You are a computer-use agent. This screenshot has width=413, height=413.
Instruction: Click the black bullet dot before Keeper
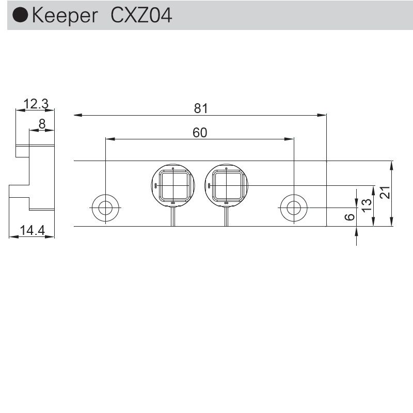coord(21,16)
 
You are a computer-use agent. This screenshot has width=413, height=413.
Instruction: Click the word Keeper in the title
coord(64,16)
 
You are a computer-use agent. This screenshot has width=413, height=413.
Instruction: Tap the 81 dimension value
coord(200,108)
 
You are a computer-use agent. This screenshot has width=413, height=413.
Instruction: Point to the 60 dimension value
coord(200,133)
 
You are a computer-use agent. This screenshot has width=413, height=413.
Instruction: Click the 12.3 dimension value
coord(36,104)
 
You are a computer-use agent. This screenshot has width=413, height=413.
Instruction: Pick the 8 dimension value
coord(42,124)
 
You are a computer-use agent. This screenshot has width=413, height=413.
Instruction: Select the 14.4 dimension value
coord(31,231)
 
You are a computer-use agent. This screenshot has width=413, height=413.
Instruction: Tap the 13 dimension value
coord(367,205)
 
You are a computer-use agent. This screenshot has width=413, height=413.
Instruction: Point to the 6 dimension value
coord(350,217)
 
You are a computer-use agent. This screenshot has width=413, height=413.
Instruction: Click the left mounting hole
coord(105,208)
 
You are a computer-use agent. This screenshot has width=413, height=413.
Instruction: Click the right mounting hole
coord(294,208)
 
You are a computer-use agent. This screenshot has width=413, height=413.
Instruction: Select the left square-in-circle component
coord(173,185)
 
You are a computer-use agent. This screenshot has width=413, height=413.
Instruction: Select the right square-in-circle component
coord(226,185)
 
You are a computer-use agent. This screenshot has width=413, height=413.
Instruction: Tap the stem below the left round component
coord(173,217)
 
